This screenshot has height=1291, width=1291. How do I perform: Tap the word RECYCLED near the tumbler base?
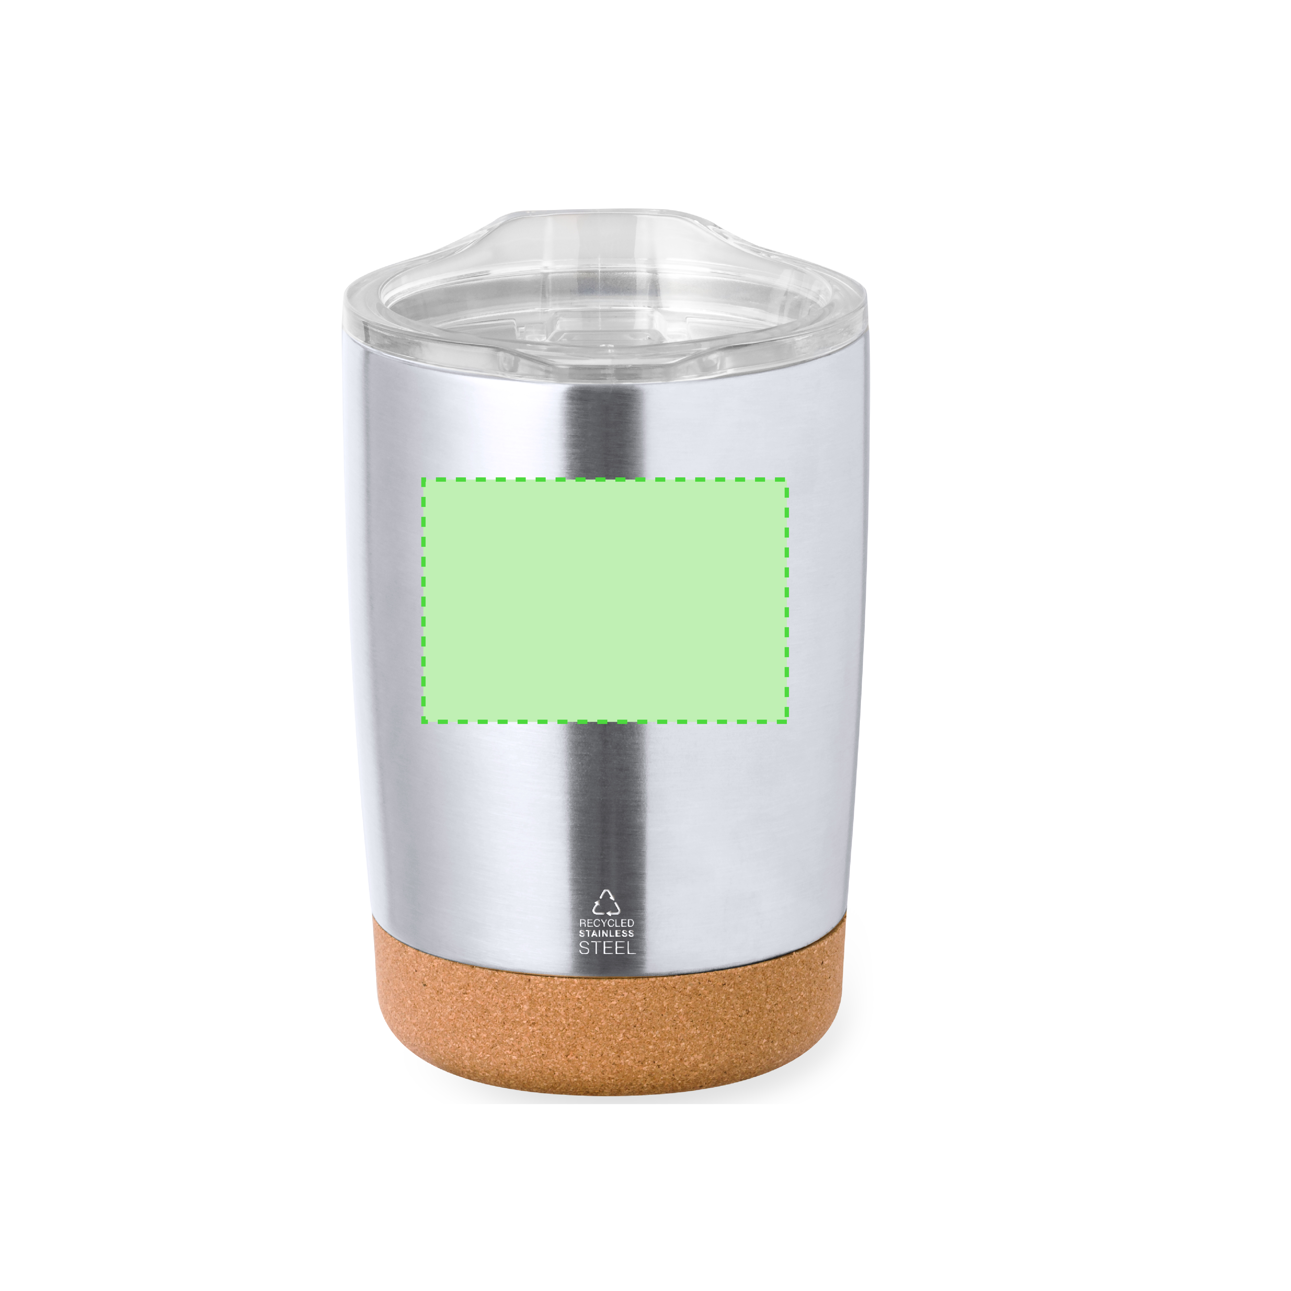607,923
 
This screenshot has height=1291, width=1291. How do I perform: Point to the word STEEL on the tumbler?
607,948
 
